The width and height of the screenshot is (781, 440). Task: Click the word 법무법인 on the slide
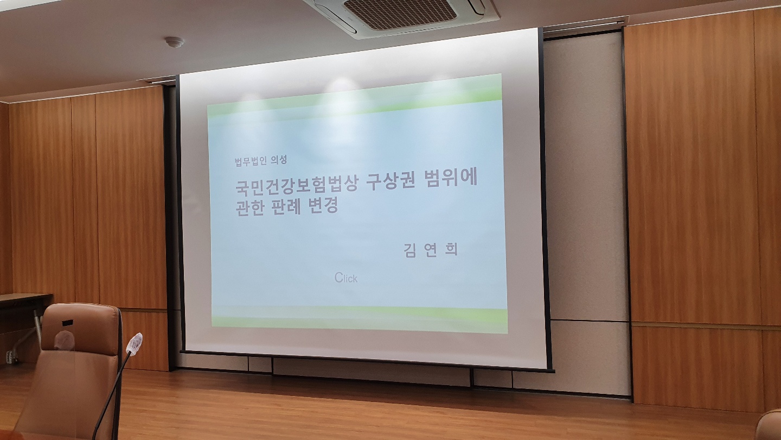251,161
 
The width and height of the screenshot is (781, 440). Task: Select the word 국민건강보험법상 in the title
297,184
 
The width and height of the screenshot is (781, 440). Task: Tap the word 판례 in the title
286,207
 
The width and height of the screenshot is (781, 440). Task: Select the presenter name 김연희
430,250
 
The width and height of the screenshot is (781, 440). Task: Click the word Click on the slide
346,278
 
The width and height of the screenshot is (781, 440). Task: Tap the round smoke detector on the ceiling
174,42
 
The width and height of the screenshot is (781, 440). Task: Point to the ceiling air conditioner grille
400,14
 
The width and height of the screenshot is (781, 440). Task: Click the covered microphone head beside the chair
135,343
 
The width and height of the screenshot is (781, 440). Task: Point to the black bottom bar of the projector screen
366,361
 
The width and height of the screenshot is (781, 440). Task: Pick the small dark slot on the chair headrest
68,322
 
